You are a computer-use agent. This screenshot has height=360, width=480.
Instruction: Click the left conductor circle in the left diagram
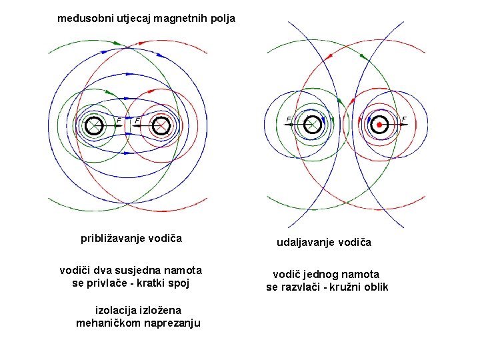[93, 125]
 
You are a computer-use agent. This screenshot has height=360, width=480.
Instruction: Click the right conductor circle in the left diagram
[161, 125]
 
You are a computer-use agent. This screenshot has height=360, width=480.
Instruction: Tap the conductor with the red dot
[379, 125]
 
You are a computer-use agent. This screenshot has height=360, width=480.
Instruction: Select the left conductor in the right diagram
[312, 125]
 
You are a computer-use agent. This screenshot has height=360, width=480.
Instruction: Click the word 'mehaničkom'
[106, 323]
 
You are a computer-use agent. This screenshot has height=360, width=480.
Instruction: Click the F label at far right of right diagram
[404, 119]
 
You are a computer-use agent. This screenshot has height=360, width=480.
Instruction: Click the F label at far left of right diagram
[289, 119]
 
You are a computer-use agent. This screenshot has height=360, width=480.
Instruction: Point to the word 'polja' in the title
[222, 19]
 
